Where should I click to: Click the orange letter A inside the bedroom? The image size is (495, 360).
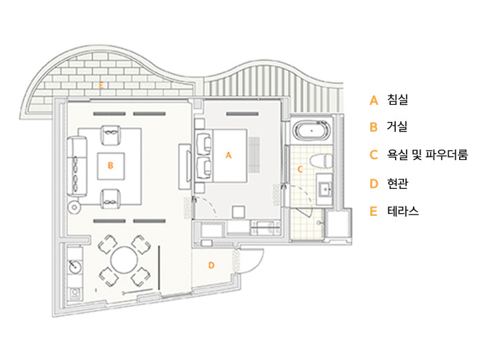click(228, 156)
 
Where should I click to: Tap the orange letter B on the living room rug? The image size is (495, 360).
click(110, 165)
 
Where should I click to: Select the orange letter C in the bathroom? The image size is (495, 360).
click(300, 168)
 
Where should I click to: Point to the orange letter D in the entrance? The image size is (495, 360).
click(211, 264)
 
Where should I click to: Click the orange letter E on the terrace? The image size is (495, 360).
click(101, 86)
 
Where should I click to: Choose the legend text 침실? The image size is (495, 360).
click(398, 100)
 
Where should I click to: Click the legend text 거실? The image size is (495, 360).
click(398, 127)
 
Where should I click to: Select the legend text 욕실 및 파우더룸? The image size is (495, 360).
click(427, 155)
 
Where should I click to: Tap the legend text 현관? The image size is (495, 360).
click(398, 183)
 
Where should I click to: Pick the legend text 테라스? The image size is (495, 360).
click(403, 211)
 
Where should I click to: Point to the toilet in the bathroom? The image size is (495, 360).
click(319, 160)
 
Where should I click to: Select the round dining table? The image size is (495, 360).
click(125, 261)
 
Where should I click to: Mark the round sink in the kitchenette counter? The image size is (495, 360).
click(75, 264)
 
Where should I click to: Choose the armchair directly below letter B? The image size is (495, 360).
click(110, 199)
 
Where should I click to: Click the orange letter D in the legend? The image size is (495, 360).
click(374, 183)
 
